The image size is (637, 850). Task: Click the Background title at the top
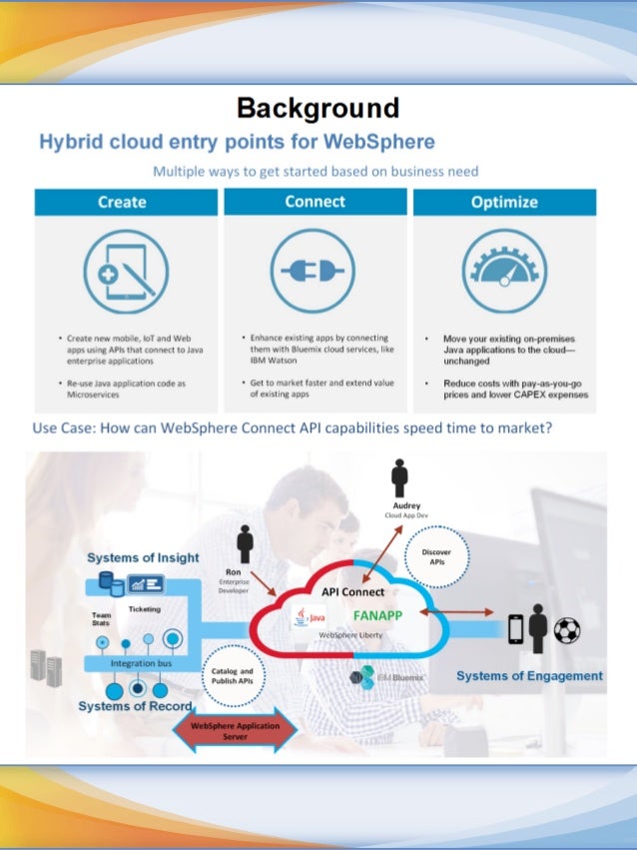coord(318,108)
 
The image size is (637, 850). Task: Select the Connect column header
coord(315,202)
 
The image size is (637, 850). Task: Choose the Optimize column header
coord(504,202)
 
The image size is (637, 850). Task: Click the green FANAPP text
coord(377,615)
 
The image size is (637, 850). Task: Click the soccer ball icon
coord(567,628)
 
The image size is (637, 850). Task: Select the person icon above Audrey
coord(400,477)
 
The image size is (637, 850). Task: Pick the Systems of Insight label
coord(143,557)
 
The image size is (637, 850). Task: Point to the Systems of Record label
coord(135,706)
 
